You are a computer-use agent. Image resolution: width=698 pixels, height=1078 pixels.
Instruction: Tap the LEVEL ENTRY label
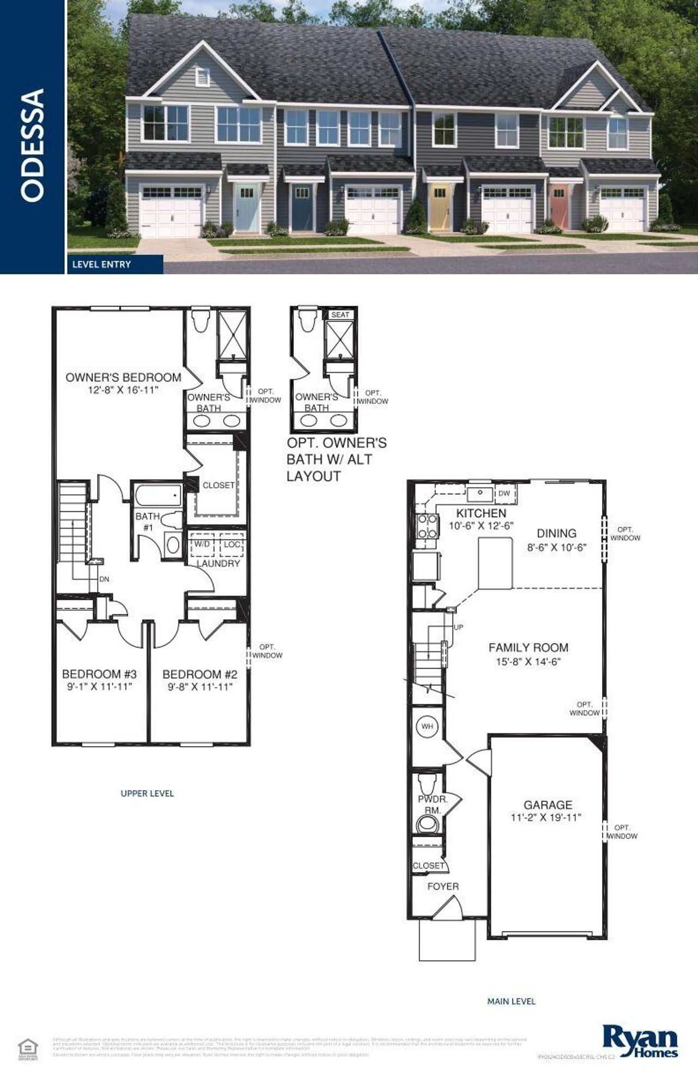pyautogui.click(x=101, y=264)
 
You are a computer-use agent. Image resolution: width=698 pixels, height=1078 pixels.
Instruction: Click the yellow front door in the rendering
pyautogui.click(x=440, y=207)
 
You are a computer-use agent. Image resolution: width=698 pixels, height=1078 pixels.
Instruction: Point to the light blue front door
pyautogui.click(x=246, y=207)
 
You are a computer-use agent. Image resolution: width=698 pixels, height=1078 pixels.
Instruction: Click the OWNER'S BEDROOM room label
pyautogui.click(x=123, y=377)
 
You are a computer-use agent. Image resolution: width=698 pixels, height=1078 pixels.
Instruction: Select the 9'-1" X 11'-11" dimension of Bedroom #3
pyautogui.click(x=100, y=687)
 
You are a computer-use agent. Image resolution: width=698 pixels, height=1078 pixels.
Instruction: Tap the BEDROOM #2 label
pyautogui.click(x=200, y=674)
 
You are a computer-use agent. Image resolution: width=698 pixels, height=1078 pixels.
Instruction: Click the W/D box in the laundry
pyautogui.click(x=202, y=544)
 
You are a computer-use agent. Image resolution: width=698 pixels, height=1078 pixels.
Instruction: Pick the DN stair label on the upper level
pyautogui.click(x=104, y=579)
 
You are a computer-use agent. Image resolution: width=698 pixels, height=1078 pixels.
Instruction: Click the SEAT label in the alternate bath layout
pyautogui.click(x=340, y=314)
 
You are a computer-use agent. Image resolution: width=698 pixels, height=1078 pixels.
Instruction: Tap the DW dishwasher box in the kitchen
pyautogui.click(x=504, y=493)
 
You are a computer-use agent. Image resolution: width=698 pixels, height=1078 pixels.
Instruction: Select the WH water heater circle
pyautogui.click(x=427, y=726)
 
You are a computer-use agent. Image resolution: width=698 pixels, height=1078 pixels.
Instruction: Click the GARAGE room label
pyautogui.click(x=547, y=804)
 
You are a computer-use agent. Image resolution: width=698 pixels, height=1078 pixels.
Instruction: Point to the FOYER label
pyautogui.click(x=443, y=886)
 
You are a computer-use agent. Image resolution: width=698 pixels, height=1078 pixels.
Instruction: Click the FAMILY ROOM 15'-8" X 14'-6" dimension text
pyautogui.click(x=528, y=662)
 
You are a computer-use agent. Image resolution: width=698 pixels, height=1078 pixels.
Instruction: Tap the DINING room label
pyautogui.click(x=556, y=533)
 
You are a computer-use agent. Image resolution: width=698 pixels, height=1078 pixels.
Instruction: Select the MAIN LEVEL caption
pyautogui.click(x=511, y=1001)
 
